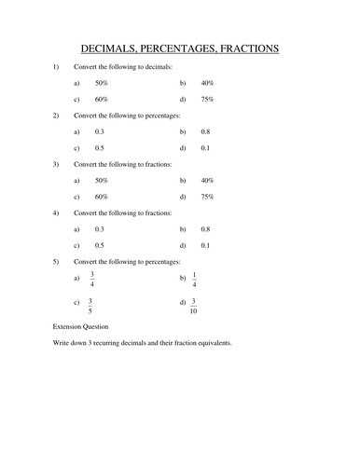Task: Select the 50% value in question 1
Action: tap(101, 83)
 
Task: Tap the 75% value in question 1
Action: tap(208, 99)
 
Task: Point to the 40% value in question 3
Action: tap(208, 181)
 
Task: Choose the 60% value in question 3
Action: tap(101, 197)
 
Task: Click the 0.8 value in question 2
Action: tap(205, 131)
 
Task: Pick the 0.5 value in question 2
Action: tap(100, 147)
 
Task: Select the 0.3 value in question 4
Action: tap(100, 229)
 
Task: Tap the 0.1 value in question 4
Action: tap(205, 245)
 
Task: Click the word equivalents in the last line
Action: tap(209, 344)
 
